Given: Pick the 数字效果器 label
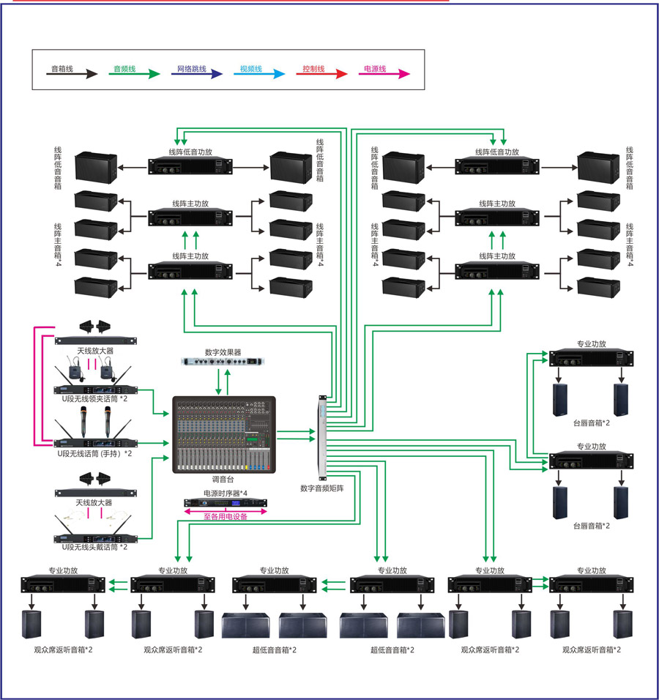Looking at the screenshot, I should click(223, 351).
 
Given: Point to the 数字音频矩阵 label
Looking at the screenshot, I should click(322, 487).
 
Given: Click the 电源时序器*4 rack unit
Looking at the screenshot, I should click(224, 502).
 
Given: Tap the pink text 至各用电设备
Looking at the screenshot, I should click(226, 516).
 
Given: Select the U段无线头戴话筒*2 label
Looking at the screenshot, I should click(94, 547).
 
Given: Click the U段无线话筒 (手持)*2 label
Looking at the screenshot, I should click(94, 454).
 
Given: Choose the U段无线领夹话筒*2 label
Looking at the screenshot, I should click(94, 398).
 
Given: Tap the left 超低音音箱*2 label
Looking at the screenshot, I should click(275, 649).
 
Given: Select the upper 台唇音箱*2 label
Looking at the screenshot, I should click(592, 422).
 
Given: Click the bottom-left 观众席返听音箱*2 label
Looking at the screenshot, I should click(63, 649).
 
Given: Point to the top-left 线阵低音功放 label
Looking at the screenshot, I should click(190, 152).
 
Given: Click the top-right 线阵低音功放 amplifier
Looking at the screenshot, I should click(497, 166).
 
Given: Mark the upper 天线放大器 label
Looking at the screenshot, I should click(94, 351).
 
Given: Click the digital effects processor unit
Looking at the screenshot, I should click(223, 362).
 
